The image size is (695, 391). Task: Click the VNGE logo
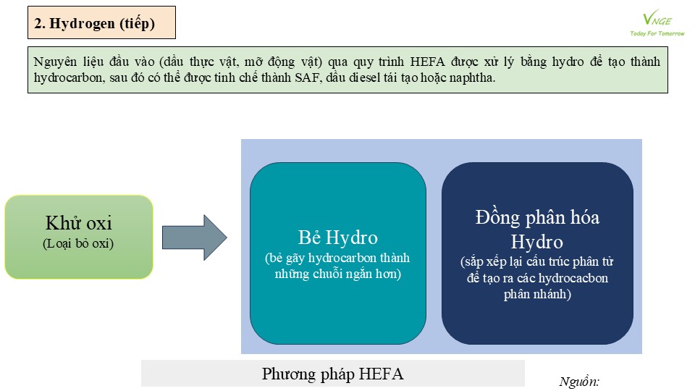coord(657,18)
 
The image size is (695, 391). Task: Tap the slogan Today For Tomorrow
coord(657,33)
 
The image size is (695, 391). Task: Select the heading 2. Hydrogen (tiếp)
coord(94,23)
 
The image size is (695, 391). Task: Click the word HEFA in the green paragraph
coord(427,62)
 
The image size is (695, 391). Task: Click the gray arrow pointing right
coord(195,237)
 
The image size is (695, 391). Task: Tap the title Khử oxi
coord(79,223)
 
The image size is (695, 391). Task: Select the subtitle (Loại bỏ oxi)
coord(78,243)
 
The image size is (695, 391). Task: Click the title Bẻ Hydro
coord(338,237)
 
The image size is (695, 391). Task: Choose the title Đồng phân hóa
coord(537,218)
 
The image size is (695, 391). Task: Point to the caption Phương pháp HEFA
coord(332,374)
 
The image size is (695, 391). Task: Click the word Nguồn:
coord(579,382)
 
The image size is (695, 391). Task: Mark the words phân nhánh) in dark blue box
coord(537,295)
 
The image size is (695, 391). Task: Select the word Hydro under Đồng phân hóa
coord(536,242)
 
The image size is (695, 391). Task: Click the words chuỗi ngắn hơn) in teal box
coord(357,274)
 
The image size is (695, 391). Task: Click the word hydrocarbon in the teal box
coord(335,258)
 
